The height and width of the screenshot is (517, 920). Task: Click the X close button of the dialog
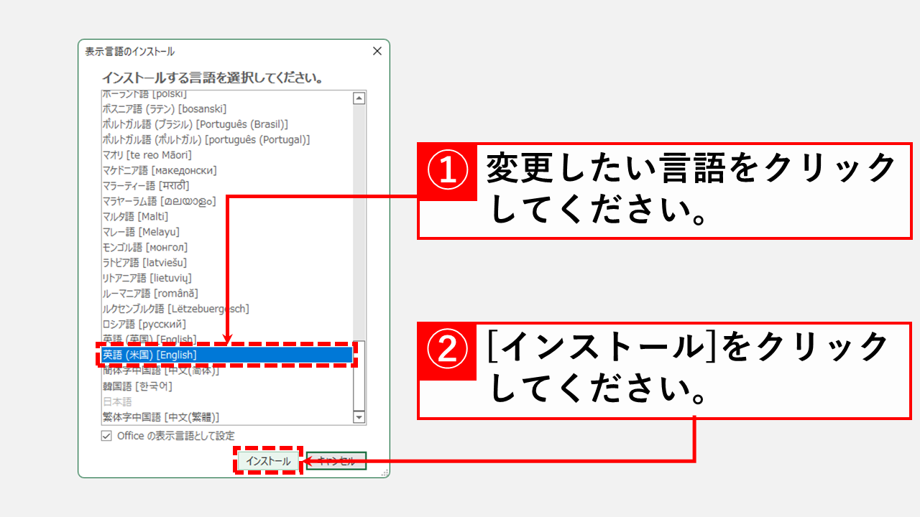coord(377,52)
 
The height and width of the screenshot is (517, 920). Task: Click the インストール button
coord(267,462)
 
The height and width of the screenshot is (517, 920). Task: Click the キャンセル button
coord(336,462)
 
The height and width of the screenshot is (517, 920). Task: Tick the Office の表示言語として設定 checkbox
coord(107,436)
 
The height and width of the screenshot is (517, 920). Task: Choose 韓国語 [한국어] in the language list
coord(137,386)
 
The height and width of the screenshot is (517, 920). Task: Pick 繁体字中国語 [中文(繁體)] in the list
coord(161,417)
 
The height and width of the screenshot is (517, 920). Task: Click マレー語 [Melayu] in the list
coord(141,232)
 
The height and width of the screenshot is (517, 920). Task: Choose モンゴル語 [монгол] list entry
coord(145,248)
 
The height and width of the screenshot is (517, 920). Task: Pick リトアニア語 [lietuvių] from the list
coord(147,278)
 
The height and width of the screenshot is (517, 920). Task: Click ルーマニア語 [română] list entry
coord(150,294)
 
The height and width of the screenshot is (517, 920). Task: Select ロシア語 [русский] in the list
coord(144,325)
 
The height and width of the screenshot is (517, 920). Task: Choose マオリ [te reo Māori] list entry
coord(147,155)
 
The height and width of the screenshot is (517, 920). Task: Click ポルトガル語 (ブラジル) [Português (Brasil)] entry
coord(195,124)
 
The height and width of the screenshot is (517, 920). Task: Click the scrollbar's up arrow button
coord(359,98)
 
